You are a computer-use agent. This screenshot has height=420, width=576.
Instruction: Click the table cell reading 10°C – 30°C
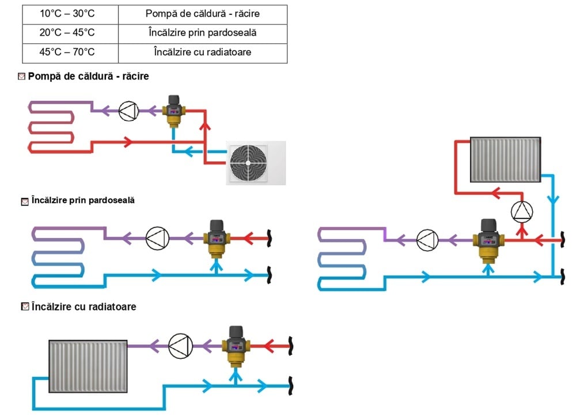click(x=70, y=14)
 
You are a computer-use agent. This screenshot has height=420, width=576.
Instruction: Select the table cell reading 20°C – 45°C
click(x=70, y=33)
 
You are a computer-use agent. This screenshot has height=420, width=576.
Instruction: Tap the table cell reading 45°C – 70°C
click(x=70, y=52)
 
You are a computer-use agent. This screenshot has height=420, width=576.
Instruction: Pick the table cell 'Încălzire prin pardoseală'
click(x=202, y=33)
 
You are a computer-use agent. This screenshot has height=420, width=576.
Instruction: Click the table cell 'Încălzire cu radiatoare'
click(x=202, y=52)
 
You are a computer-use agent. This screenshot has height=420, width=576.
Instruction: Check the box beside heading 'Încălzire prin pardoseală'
click(x=24, y=202)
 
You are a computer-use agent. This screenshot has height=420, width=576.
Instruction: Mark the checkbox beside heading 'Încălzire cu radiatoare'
click(x=25, y=307)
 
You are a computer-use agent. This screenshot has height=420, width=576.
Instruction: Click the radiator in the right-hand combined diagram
click(x=505, y=158)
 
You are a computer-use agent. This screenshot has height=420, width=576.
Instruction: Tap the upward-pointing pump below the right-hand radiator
click(x=522, y=211)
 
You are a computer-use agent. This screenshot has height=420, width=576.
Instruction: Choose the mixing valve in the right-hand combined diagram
click(x=488, y=239)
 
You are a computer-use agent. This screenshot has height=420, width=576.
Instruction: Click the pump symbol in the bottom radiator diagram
click(x=179, y=346)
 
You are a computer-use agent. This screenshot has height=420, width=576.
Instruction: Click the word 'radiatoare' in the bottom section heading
click(x=112, y=307)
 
